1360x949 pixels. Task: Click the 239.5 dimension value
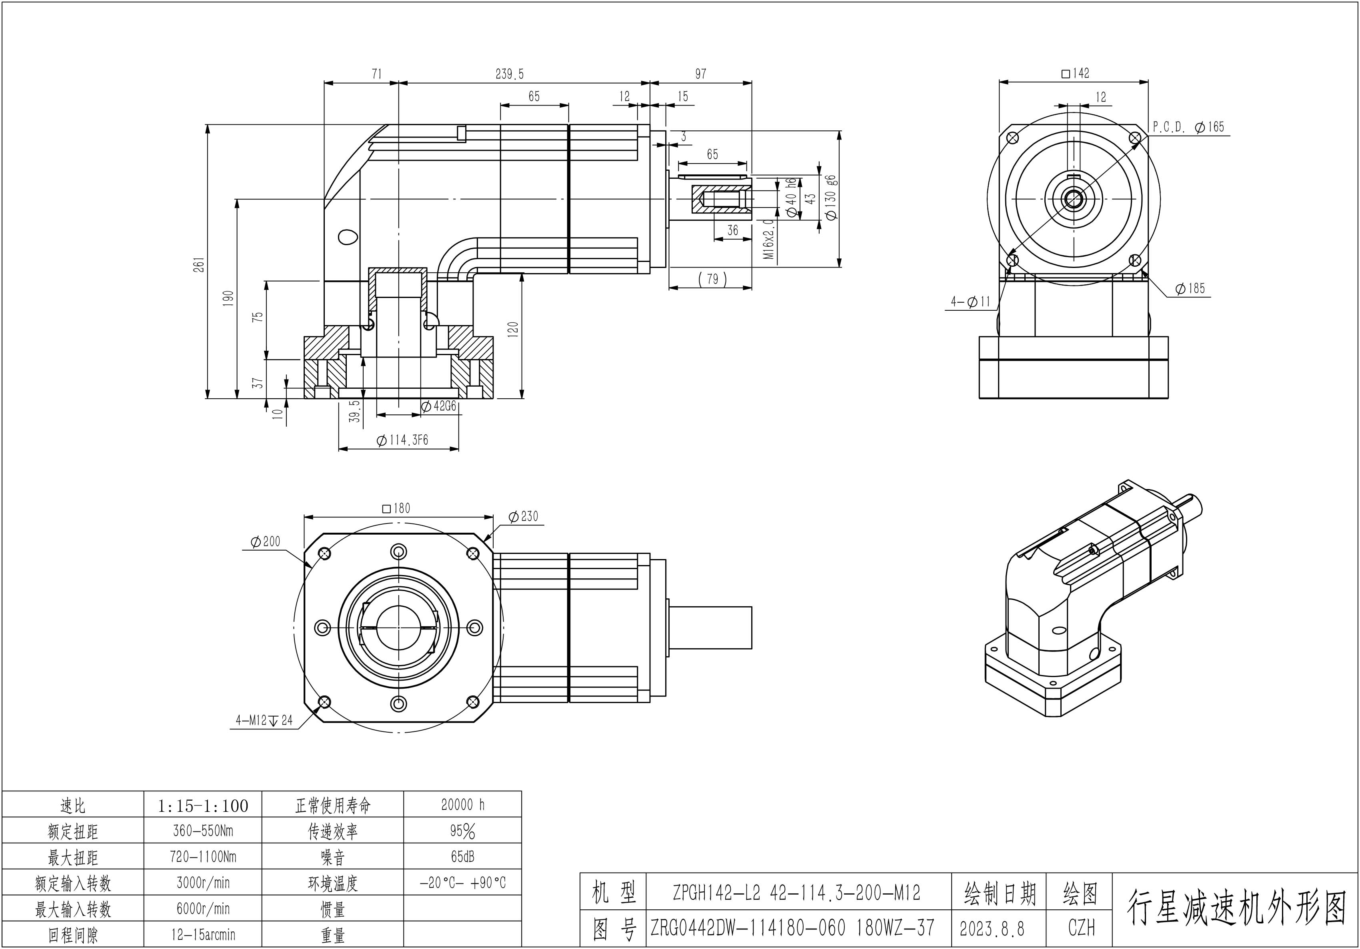[510, 74]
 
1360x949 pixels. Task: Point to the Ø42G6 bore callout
[438, 406]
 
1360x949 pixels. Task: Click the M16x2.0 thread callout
[768, 239]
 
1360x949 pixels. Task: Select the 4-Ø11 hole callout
[970, 302]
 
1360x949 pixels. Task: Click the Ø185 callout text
[1190, 288]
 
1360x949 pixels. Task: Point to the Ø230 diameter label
[524, 517]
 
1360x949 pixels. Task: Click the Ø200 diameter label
[265, 541]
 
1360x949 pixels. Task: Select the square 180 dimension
[396, 508]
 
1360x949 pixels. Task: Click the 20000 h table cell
[463, 805]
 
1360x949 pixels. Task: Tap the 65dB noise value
[463, 857]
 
